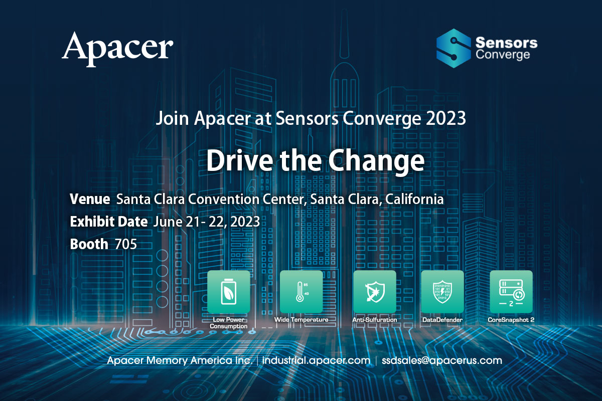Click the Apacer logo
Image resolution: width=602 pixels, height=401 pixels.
tap(117, 49)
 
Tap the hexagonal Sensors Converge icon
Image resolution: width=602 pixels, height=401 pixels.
tap(454, 48)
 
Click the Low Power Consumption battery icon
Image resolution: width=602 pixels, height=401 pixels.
tap(228, 291)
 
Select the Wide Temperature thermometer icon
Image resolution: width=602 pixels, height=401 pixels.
tap(302, 291)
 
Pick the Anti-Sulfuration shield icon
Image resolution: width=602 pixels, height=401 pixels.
tap(375, 291)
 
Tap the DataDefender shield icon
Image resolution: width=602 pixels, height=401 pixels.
tap(442, 291)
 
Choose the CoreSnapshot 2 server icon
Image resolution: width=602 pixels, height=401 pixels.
tap(511, 291)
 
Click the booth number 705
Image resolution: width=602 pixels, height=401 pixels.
tap(126, 244)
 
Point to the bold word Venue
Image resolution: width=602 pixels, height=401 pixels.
tap(90, 199)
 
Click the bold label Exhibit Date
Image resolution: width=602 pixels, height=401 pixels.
tap(109, 222)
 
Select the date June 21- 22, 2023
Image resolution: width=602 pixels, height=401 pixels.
tap(206, 222)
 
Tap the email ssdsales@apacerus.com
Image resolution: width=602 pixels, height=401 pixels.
tap(442, 360)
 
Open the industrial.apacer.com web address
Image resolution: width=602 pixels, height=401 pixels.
tap(316, 360)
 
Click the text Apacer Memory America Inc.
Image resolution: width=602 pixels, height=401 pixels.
tap(180, 360)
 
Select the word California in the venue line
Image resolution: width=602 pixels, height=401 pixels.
tap(414, 199)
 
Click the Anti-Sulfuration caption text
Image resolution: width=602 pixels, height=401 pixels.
tap(375, 320)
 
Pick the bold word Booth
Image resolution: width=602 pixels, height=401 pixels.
tap(89, 244)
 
